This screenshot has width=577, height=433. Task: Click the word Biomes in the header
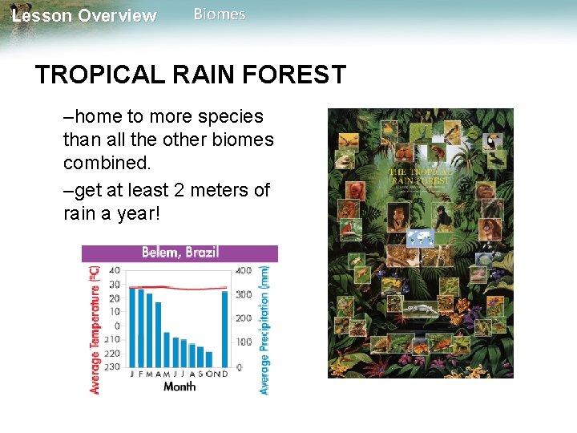(x=220, y=14)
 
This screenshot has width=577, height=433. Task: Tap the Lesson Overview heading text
(x=85, y=16)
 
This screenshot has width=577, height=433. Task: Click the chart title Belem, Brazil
(x=180, y=253)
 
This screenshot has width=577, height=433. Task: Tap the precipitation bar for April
(x=158, y=333)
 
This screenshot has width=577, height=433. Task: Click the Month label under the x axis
(x=180, y=386)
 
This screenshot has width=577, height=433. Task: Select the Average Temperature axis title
(x=95, y=329)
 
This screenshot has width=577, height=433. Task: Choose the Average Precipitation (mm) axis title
(x=265, y=329)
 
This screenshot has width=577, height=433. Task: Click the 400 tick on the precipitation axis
(x=243, y=270)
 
